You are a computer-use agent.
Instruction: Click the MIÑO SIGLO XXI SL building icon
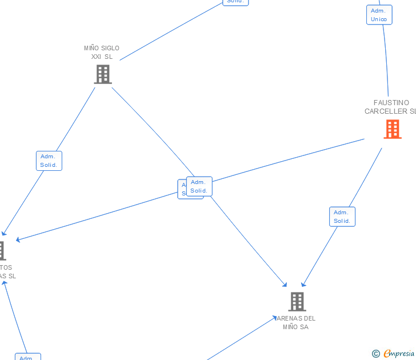[103, 74]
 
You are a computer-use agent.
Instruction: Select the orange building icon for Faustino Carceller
[393, 129]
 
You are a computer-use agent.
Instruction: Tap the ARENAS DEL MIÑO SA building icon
[297, 301]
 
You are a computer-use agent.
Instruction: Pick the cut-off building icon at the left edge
[2, 251]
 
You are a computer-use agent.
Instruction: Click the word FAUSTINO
[391, 103]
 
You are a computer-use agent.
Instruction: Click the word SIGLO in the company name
[110, 49]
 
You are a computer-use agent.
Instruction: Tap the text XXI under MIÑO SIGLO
[96, 57]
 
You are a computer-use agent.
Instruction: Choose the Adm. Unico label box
[379, 15]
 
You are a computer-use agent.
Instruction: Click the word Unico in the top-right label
[379, 19]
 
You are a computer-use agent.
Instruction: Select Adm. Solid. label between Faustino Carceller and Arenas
[342, 217]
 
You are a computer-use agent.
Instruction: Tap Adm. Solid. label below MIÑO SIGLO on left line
[49, 161]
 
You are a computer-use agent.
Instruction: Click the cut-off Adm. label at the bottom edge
[27, 357]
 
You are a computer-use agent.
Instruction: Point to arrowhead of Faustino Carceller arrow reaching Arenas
[303, 285]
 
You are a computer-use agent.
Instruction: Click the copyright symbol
[375, 354]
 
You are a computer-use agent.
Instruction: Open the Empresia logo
[399, 354]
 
